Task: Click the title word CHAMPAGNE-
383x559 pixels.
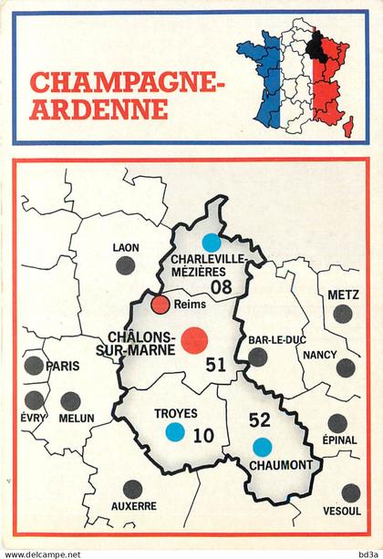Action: pos(126,83)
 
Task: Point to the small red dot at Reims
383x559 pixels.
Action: pos(160,305)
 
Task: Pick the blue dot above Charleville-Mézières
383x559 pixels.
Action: pos(212,242)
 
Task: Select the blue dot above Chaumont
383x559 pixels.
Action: pos(262,446)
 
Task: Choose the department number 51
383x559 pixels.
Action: pos(215,365)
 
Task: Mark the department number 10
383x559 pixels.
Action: pos(204,436)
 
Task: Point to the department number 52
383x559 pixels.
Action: pos(260,420)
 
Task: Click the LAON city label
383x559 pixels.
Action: pos(126,247)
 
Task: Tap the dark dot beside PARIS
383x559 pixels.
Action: pos(34,366)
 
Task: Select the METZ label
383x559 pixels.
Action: pos(343,295)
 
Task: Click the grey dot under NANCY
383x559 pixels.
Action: pos(346,367)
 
